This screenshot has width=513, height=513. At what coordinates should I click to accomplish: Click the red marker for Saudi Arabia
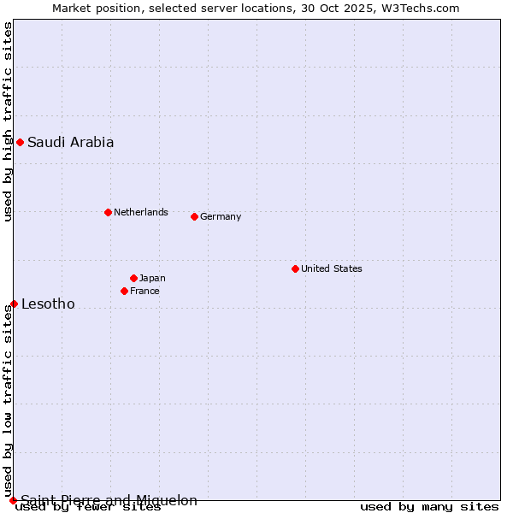coord(20,142)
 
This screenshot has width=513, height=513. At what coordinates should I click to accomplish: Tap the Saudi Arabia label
coord(70,143)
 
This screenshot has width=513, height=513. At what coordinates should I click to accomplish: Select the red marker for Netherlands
coord(108,212)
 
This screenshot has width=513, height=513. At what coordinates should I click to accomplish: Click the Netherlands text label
coord(141,212)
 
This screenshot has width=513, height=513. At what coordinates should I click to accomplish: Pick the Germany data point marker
coord(194,216)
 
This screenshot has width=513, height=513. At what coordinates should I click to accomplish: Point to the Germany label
coord(221,217)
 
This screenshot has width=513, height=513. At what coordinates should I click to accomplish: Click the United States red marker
coord(295,268)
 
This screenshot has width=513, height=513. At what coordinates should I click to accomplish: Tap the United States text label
coord(332,268)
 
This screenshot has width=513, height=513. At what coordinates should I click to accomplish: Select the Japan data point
coord(133,278)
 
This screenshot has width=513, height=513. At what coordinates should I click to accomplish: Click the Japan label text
coord(152,278)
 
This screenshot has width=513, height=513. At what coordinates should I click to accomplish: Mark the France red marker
coord(124,291)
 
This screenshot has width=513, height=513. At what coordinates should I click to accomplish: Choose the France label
coord(144,291)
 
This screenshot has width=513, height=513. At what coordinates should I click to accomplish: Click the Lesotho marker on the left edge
coord(14,304)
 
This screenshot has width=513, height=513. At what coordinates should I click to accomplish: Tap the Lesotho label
coord(48,304)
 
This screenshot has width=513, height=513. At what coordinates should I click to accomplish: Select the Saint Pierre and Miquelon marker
coord(13,500)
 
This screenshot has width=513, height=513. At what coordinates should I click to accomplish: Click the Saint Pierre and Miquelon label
coord(109,501)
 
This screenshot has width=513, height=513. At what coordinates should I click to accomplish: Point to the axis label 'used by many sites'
coord(429,507)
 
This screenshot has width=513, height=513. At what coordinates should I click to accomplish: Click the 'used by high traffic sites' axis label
coord(8,121)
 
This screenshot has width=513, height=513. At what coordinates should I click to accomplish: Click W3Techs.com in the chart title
coord(426,8)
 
